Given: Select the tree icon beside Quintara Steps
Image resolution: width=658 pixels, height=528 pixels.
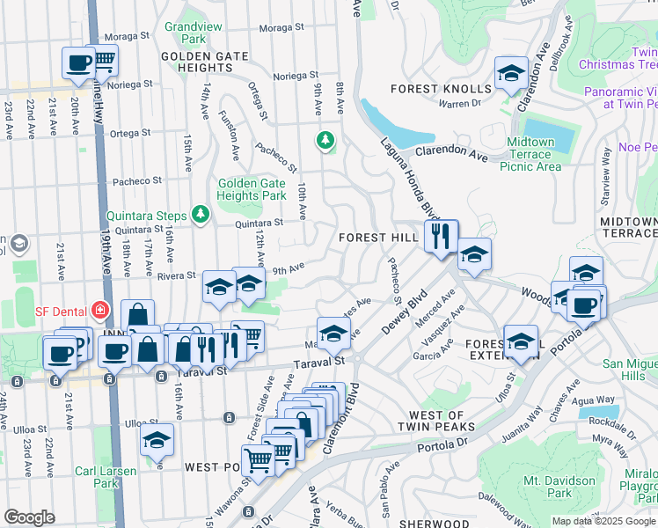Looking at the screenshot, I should [x=201, y=214].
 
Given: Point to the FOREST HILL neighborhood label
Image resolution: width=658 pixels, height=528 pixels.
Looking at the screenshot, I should [x=375, y=238].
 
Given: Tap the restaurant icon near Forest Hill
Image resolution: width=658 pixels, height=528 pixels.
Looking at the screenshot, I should [x=441, y=236].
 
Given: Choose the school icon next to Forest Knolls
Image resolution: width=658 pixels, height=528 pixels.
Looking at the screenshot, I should [x=510, y=74].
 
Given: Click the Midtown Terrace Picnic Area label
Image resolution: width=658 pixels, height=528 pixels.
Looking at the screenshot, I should [x=530, y=154].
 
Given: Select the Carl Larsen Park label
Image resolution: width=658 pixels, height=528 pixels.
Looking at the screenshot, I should [x=106, y=477].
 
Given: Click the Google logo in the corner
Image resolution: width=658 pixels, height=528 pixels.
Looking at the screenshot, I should [x=30, y=517].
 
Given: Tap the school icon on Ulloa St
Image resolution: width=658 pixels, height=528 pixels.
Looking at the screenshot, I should [x=157, y=439].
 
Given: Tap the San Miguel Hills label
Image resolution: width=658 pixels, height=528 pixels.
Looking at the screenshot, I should [x=629, y=370].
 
